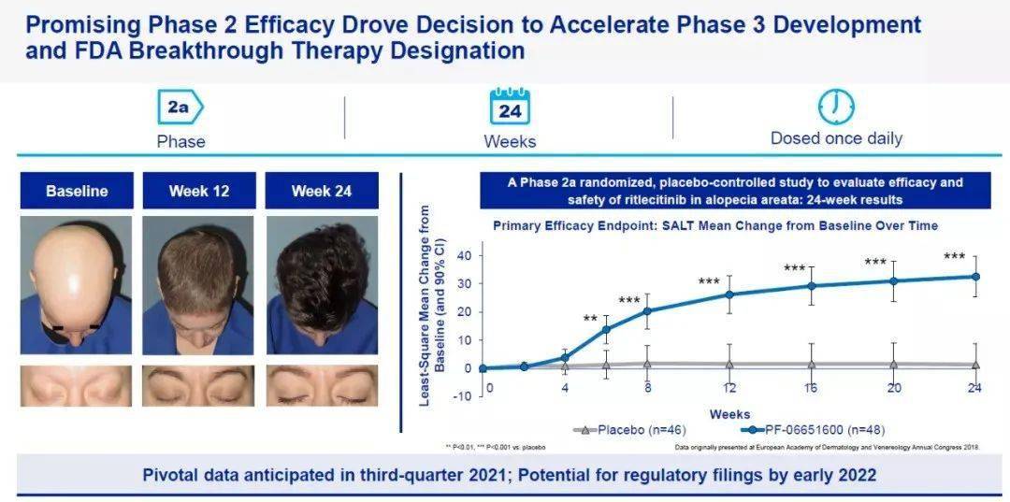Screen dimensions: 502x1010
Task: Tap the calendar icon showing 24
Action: pos(510,108)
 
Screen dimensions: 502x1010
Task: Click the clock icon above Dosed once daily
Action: pos(836,107)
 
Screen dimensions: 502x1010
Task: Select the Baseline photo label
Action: pos(77,191)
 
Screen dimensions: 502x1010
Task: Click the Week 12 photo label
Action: pos(198,191)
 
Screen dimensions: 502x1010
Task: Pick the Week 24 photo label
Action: pos(321,191)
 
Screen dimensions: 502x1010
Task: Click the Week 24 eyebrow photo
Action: pos(321,385)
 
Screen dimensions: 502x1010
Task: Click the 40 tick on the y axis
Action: pos(460,255)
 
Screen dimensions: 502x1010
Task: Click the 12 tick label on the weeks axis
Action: pos(729,388)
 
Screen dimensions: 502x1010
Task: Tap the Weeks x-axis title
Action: pos(729,414)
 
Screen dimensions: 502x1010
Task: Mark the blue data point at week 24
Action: pos(976,277)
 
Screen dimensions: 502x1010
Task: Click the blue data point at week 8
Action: pos(646,311)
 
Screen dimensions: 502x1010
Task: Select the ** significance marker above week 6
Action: pos(590,320)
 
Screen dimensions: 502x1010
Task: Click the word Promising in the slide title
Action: pos(91,23)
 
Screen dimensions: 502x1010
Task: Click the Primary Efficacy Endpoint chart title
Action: pos(715,225)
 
